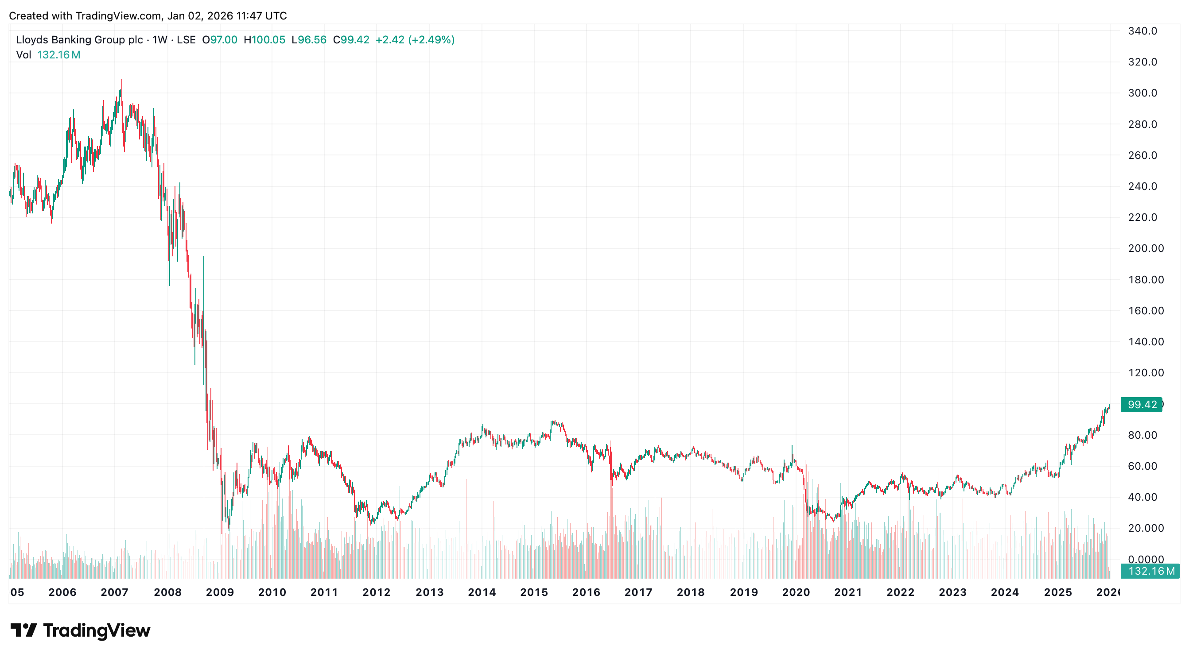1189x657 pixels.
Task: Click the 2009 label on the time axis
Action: pos(220,592)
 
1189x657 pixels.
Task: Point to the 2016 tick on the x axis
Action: pos(586,592)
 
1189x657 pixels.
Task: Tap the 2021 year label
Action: pos(848,592)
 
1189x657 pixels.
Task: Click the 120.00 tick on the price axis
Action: pos(1146,373)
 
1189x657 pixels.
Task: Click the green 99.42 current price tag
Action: pos(1142,405)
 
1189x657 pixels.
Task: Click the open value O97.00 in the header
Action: pos(220,40)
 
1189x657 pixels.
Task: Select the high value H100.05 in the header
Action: pos(264,40)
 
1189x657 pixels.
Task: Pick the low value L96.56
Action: pos(309,40)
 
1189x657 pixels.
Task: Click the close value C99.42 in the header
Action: pos(351,40)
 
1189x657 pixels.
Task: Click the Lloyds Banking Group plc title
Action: pos(79,40)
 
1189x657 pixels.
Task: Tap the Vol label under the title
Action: pos(23,55)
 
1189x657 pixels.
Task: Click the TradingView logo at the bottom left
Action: pos(80,630)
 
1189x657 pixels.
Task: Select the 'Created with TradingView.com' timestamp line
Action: pos(148,15)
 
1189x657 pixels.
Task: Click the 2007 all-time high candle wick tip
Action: pos(122,80)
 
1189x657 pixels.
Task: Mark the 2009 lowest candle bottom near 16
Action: pos(222,533)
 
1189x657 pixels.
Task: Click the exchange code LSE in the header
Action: pos(186,40)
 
